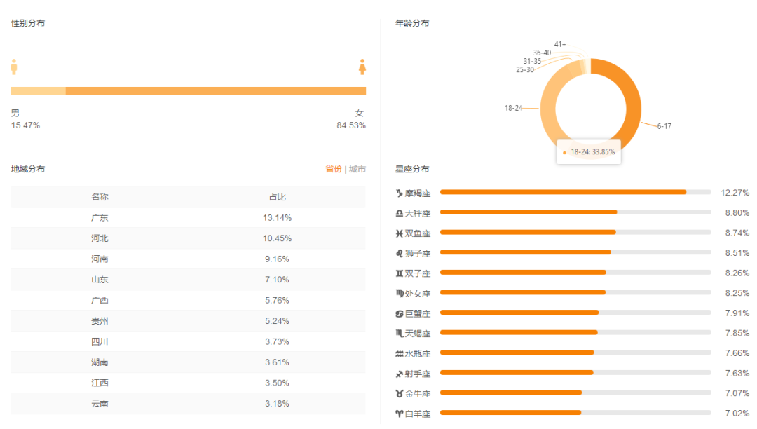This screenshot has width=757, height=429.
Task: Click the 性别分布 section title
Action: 28,23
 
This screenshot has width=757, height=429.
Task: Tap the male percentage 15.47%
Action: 25,125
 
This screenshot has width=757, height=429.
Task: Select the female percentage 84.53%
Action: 351,125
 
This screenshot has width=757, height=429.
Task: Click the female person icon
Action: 362,67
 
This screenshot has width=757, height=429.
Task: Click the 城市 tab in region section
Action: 357,169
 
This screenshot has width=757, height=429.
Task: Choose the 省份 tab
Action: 334,169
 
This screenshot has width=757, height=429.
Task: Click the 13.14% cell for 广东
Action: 278,218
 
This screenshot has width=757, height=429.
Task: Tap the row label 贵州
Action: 100,321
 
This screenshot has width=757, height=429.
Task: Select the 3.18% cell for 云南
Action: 278,404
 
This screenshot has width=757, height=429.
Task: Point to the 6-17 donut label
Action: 664,126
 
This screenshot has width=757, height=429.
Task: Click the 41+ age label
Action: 560,44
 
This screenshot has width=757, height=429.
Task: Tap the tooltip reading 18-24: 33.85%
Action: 589,152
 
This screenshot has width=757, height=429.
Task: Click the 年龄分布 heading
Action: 412,23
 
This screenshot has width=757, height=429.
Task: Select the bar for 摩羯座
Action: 563,192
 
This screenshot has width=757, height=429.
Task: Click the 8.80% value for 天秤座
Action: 737,212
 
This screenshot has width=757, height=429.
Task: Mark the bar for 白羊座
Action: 510,413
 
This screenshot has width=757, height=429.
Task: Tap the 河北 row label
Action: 100,238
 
